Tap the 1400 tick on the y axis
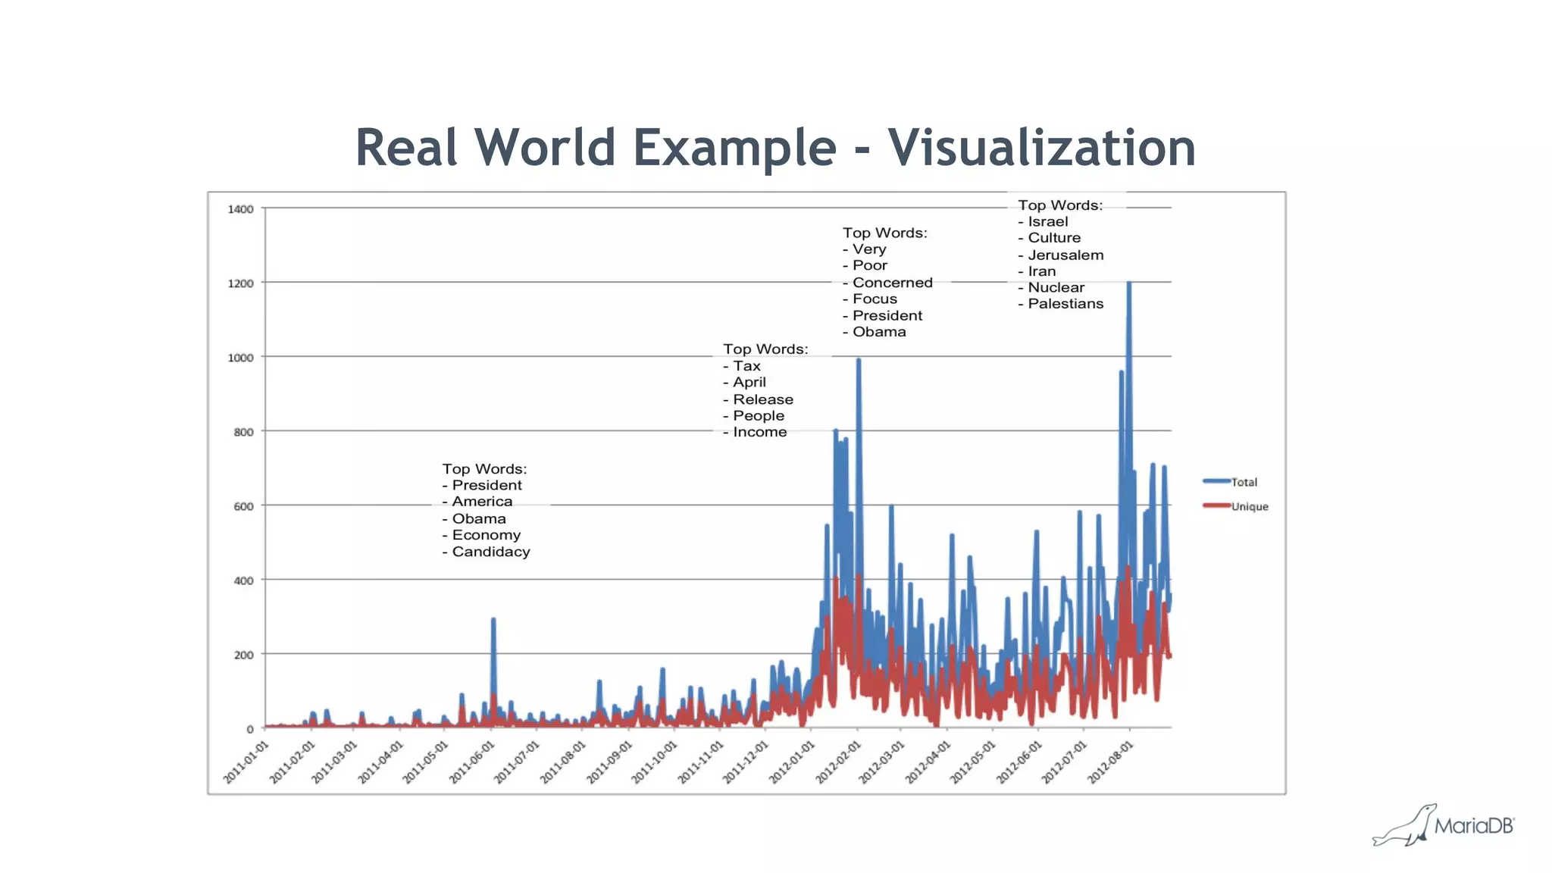240,209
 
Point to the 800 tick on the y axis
243,432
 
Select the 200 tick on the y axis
243,655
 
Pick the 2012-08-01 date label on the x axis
1111,762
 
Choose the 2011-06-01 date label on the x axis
472,762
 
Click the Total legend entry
1244,482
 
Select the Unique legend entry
1249,506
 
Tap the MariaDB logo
1444,825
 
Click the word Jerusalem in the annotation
1065,255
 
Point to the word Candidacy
491,552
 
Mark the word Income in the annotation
759,432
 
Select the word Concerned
892,283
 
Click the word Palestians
1065,304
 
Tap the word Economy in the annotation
486,535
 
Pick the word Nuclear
1056,287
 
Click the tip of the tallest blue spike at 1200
1128,283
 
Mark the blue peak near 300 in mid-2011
493,620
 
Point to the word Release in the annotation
762,399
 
